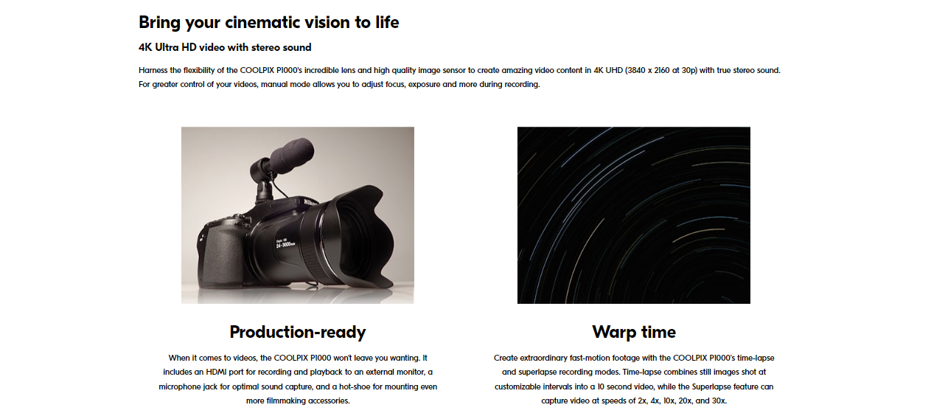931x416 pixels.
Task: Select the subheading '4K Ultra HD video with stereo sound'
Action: (225, 47)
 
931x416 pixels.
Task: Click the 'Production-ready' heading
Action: (298, 333)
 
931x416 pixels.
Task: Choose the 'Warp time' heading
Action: (634, 332)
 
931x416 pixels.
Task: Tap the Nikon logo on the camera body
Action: (310, 202)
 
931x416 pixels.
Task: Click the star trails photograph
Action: (634, 215)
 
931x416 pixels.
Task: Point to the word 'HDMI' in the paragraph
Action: (216, 372)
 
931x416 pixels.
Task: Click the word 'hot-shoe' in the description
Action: (355, 387)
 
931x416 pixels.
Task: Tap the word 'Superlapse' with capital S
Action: (711, 387)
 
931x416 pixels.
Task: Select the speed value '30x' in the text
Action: (719, 401)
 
